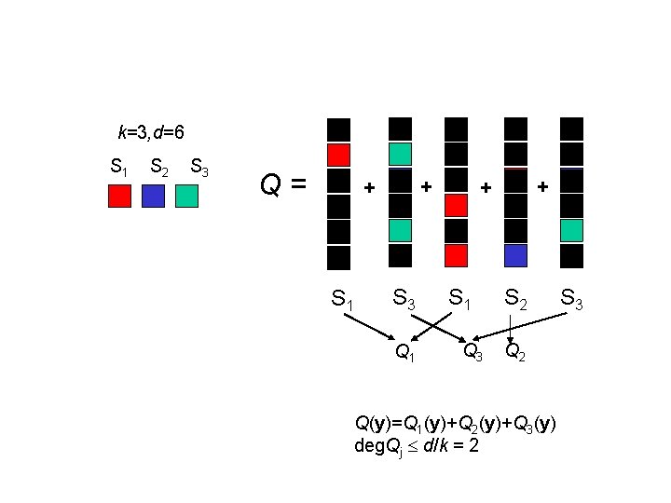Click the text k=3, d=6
(144, 132)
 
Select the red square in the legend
(119, 196)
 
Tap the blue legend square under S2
(154, 196)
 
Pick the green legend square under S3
(186, 196)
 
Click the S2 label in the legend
(158, 169)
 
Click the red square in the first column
(339, 155)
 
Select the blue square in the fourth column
(515, 254)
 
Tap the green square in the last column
(571, 229)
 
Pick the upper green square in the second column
(400, 154)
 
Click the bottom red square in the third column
(456, 254)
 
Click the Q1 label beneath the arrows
(405, 351)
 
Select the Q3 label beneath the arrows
(473, 351)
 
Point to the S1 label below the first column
(342, 299)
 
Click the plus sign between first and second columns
(369, 188)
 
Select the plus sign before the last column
(543, 187)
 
